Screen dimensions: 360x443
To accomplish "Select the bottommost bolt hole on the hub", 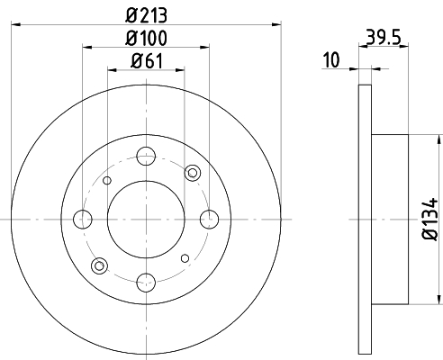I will coord(146,283).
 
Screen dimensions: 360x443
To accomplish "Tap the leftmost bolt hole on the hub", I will coord(83,219).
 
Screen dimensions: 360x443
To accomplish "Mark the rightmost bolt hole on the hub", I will coord(210,219).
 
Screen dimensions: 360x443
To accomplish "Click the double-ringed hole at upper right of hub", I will coord(192,173).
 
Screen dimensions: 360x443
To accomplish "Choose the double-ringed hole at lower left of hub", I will coord(100,265).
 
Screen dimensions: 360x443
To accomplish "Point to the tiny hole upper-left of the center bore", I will coord(107,181).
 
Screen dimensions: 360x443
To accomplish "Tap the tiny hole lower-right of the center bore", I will coord(185,258).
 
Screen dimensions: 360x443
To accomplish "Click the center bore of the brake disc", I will coord(146,219).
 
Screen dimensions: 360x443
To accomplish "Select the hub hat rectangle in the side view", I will coord(390,219).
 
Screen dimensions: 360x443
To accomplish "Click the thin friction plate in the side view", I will coord(365,219).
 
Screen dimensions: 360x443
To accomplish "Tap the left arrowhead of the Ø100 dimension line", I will coord(86,49).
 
